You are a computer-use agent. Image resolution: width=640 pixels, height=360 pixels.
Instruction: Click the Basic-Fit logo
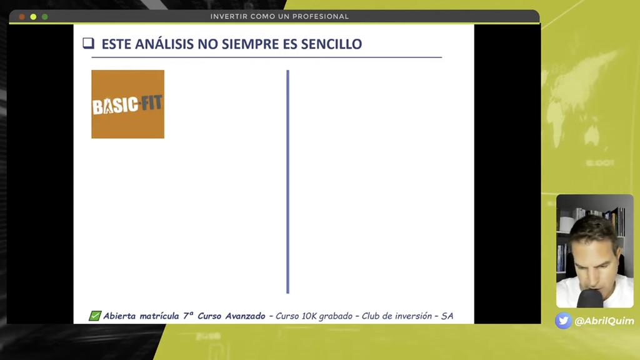pyautogui.click(x=127, y=104)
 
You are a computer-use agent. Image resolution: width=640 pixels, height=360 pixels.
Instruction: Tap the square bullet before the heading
pyautogui.click(x=88, y=43)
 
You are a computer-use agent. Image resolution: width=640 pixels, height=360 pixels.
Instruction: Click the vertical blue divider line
pyautogui.click(x=287, y=181)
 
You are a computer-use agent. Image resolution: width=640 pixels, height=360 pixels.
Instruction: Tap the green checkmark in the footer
pyautogui.click(x=95, y=316)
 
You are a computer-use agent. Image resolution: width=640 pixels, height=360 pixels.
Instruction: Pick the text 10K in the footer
pyautogui.click(x=309, y=316)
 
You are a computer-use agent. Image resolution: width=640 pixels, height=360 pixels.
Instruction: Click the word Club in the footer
pyautogui.click(x=372, y=316)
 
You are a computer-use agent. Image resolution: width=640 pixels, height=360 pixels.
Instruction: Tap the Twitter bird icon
pyautogui.click(x=563, y=321)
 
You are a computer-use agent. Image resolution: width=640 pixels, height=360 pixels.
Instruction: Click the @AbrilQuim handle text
pyautogui.click(x=604, y=321)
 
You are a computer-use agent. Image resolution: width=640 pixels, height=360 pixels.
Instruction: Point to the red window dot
pyautogui.click(x=22, y=16)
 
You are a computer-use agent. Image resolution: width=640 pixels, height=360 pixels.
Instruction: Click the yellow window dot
pyautogui.click(x=33, y=16)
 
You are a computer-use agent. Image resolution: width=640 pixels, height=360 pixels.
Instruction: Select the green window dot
pyautogui.click(x=44, y=16)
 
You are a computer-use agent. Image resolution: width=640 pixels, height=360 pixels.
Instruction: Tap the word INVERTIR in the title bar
pyautogui.click(x=228, y=16)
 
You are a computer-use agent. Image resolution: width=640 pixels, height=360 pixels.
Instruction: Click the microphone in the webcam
pyautogui.click(x=590, y=299)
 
